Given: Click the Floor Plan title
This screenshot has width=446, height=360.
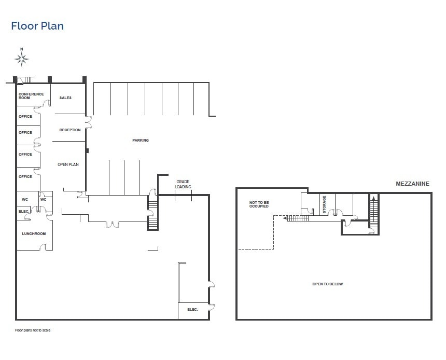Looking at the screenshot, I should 37,26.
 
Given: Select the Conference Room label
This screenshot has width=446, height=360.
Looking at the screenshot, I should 31,96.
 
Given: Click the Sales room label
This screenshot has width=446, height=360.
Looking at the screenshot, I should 65,98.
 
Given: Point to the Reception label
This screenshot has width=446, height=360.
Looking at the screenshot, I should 70,130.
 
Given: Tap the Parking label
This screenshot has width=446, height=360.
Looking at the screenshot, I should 140,140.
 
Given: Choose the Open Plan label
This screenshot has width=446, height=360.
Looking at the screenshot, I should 68,164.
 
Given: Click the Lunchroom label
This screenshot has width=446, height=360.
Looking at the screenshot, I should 34,233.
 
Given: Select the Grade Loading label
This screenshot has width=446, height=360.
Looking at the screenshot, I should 183,184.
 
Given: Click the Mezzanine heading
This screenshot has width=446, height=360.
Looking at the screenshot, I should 412,184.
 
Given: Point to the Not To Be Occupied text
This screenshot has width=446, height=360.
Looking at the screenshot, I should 259,204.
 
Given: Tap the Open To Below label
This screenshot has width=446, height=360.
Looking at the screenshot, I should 327,284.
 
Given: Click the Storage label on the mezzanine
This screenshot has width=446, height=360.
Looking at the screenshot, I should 325,204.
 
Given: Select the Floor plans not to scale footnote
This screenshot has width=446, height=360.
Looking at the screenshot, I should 33,330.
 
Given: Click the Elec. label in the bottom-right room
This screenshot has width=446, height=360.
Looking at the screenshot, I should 192,309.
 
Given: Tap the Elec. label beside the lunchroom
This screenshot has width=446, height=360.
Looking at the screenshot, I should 23,211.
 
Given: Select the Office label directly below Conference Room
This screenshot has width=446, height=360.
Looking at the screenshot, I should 25,116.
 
